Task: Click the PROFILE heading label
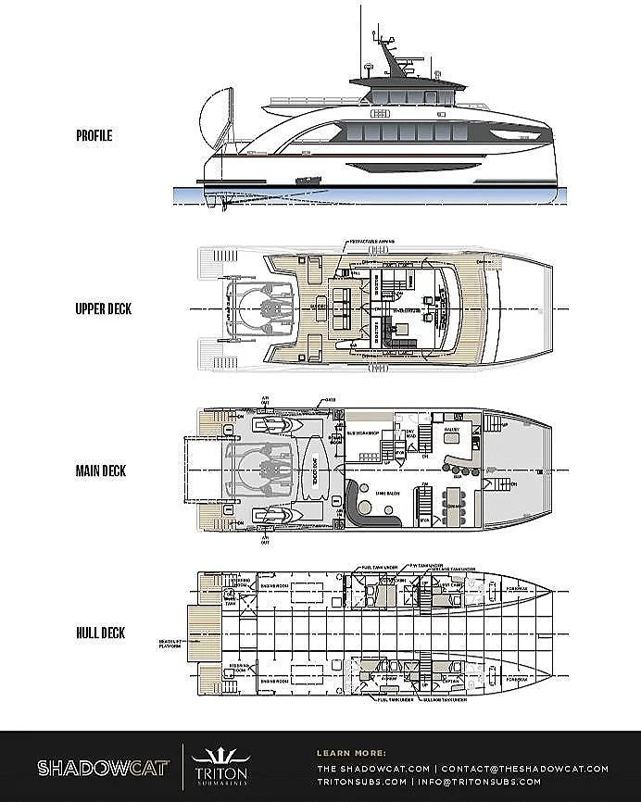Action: coord(94,135)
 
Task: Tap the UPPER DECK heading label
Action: coord(103,308)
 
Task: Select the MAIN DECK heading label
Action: coord(101,470)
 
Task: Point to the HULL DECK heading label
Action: coord(101,633)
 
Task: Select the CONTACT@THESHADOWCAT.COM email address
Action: coord(524,769)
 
